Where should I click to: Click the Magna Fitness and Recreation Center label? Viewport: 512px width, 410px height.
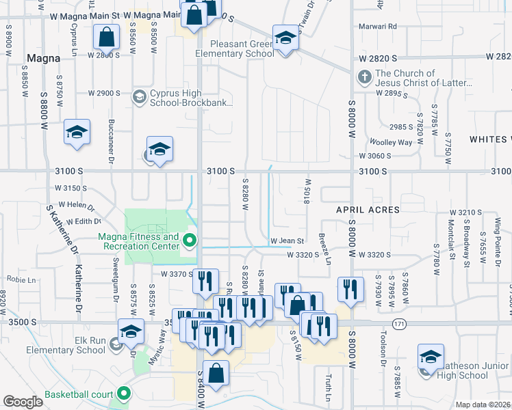tap(142, 242)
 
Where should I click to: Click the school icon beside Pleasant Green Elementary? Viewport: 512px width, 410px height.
tap(285, 38)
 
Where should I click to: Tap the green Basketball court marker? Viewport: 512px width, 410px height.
tap(123, 394)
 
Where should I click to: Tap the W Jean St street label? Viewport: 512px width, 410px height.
tap(287, 241)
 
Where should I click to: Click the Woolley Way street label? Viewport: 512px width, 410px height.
tap(391, 142)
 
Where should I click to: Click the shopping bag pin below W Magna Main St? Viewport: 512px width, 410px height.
tap(107, 38)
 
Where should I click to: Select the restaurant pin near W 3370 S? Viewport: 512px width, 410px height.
tap(205, 282)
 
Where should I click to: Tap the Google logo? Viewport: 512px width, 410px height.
tap(23, 401)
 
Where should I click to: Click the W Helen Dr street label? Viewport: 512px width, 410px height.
tap(75, 204)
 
